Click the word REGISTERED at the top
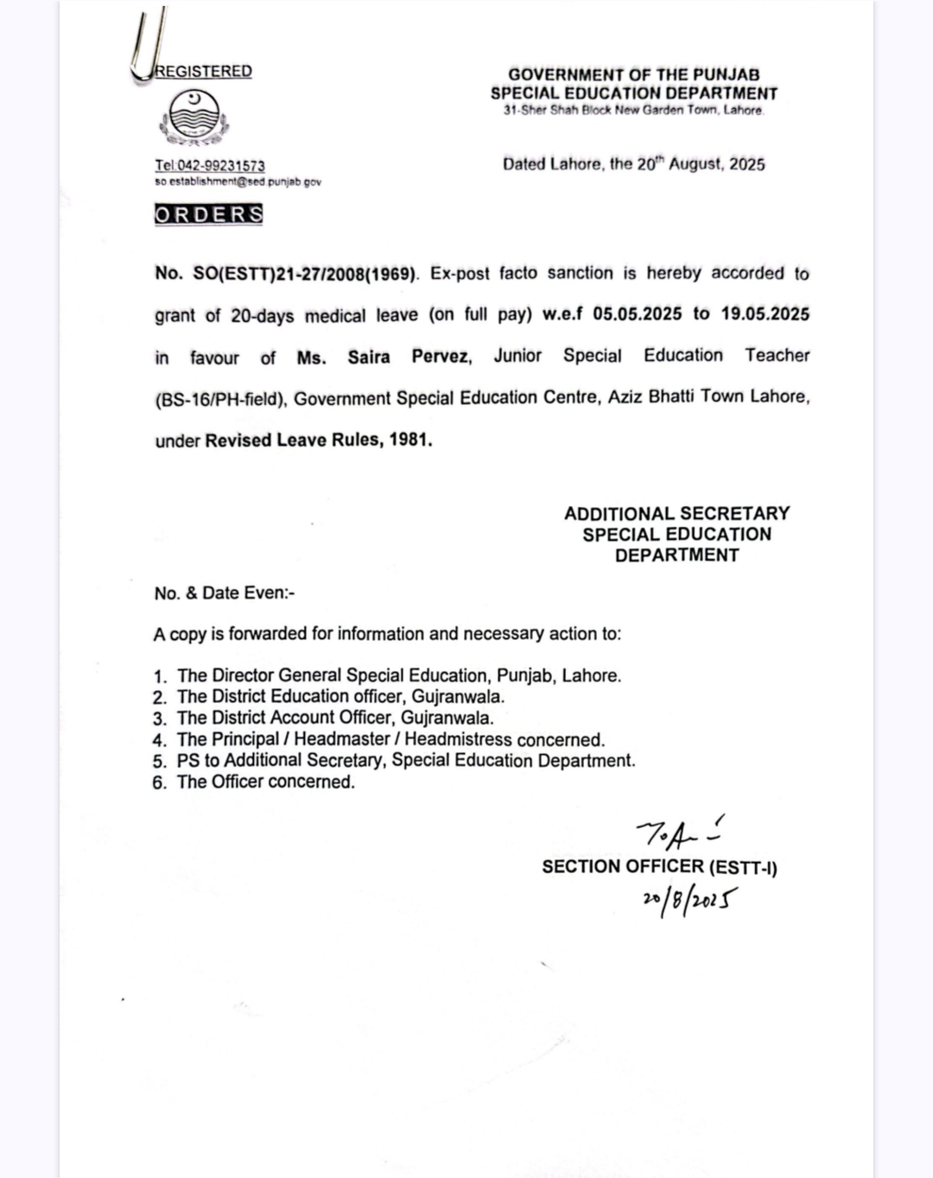pyautogui.click(x=204, y=71)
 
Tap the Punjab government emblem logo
pyautogui.click(x=194, y=117)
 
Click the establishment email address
pyautogui.click(x=238, y=181)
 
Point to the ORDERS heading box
pyautogui.click(x=208, y=214)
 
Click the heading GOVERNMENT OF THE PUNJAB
pyautogui.click(x=633, y=75)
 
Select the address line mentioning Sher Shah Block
pyautogui.click(x=633, y=111)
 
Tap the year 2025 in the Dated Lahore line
pyautogui.click(x=746, y=164)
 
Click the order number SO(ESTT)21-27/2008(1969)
pyautogui.click(x=304, y=274)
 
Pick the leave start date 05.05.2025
pyautogui.click(x=637, y=313)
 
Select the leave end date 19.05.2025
pyautogui.click(x=765, y=313)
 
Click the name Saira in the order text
pyautogui.click(x=369, y=357)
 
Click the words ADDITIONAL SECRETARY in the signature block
pyautogui.click(x=676, y=514)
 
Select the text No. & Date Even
pyautogui.click(x=224, y=593)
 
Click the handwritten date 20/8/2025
pyautogui.click(x=689, y=901)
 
